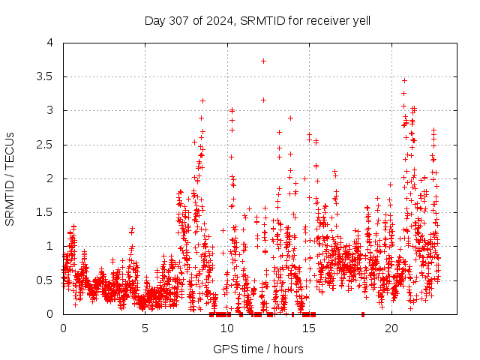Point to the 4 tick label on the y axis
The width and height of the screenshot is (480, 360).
tap(49, 43)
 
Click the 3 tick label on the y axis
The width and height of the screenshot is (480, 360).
tap(49, 110)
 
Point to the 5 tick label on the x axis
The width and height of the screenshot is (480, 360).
tap(145, 328)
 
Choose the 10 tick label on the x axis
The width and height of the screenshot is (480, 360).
tap(227, 328)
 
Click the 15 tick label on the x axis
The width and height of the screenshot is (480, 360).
tap(309, 328)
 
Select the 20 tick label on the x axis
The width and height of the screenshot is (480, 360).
tap(391, 328)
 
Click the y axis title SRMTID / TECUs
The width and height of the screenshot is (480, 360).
tap(10, 178)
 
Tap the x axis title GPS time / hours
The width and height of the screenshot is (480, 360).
tap(258, 349)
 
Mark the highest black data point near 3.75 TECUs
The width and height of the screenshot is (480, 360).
tap(263, 61)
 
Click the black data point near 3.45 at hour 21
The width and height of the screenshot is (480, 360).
tap(404, 80)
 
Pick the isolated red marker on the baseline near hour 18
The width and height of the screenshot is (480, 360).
tap(363, 314)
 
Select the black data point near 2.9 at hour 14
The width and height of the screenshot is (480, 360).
tap(290, 118)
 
